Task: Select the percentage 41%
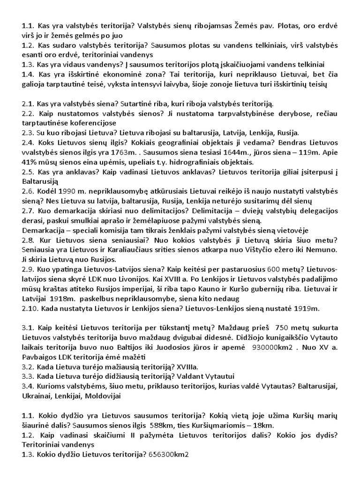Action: point(30,163)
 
